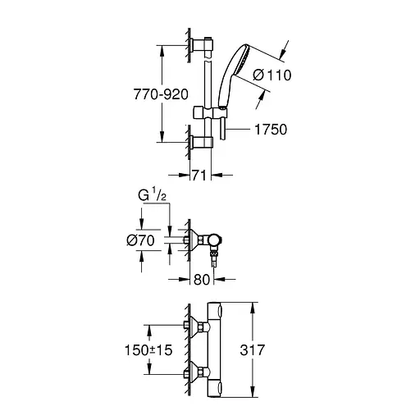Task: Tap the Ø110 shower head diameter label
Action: [271, 75]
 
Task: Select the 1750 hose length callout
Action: [270, 129]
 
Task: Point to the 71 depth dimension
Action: [200, 175]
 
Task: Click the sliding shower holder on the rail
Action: [210, 112]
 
